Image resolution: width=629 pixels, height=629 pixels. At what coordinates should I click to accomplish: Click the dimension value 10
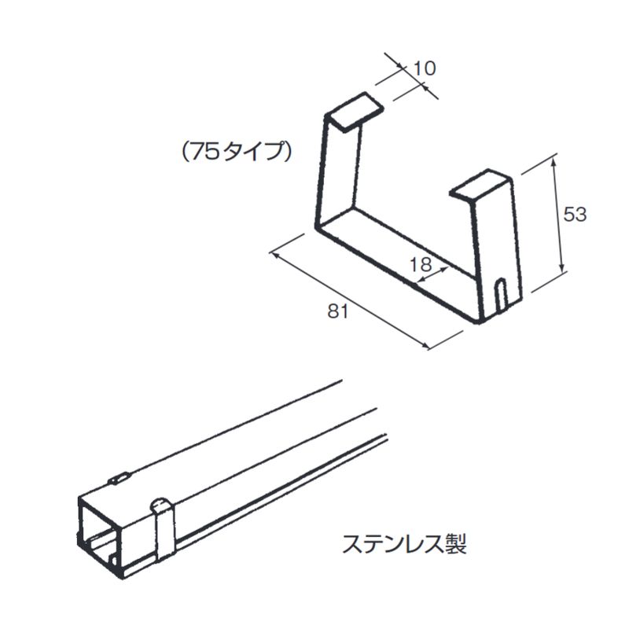coord(424,68)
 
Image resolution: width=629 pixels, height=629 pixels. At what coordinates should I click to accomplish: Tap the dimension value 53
coord(576,214)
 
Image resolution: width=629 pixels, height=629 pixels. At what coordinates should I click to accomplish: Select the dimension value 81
coord(337,311)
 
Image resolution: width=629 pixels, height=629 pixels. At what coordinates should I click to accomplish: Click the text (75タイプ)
coord(235,153)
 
